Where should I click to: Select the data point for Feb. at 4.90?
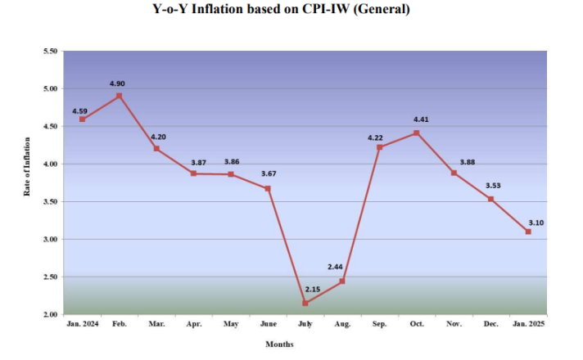pyautogui.click(x=120, y=96)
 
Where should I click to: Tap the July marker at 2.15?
pyautogui.click(x=305, y=303)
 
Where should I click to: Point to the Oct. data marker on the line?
pyautogui.click(x=417, y=133)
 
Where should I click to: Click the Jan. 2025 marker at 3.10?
pyautogui.click(x=528, y=232)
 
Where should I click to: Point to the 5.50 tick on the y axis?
pyautogui.click(x=49, y=52)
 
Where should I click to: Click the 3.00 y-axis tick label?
pyautogui.click(x=49, y=240)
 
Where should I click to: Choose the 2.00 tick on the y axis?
pyautogui.click(x=49, y=315)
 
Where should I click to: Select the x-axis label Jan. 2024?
pyautogui.click(x=82, y=325)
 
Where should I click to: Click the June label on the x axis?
pyautogui.click(x=268, y=325)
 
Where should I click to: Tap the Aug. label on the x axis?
pyautogui.click(x=342, y=325)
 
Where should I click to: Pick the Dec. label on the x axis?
pyautogui.click(x=490, y=325)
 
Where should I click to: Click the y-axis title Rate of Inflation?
pyautogui.click(x=27, y=167)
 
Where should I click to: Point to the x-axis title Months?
pyautogui.click(x=279, y=344)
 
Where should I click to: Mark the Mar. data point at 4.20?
pyautogui.click(x=156, y=149)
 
